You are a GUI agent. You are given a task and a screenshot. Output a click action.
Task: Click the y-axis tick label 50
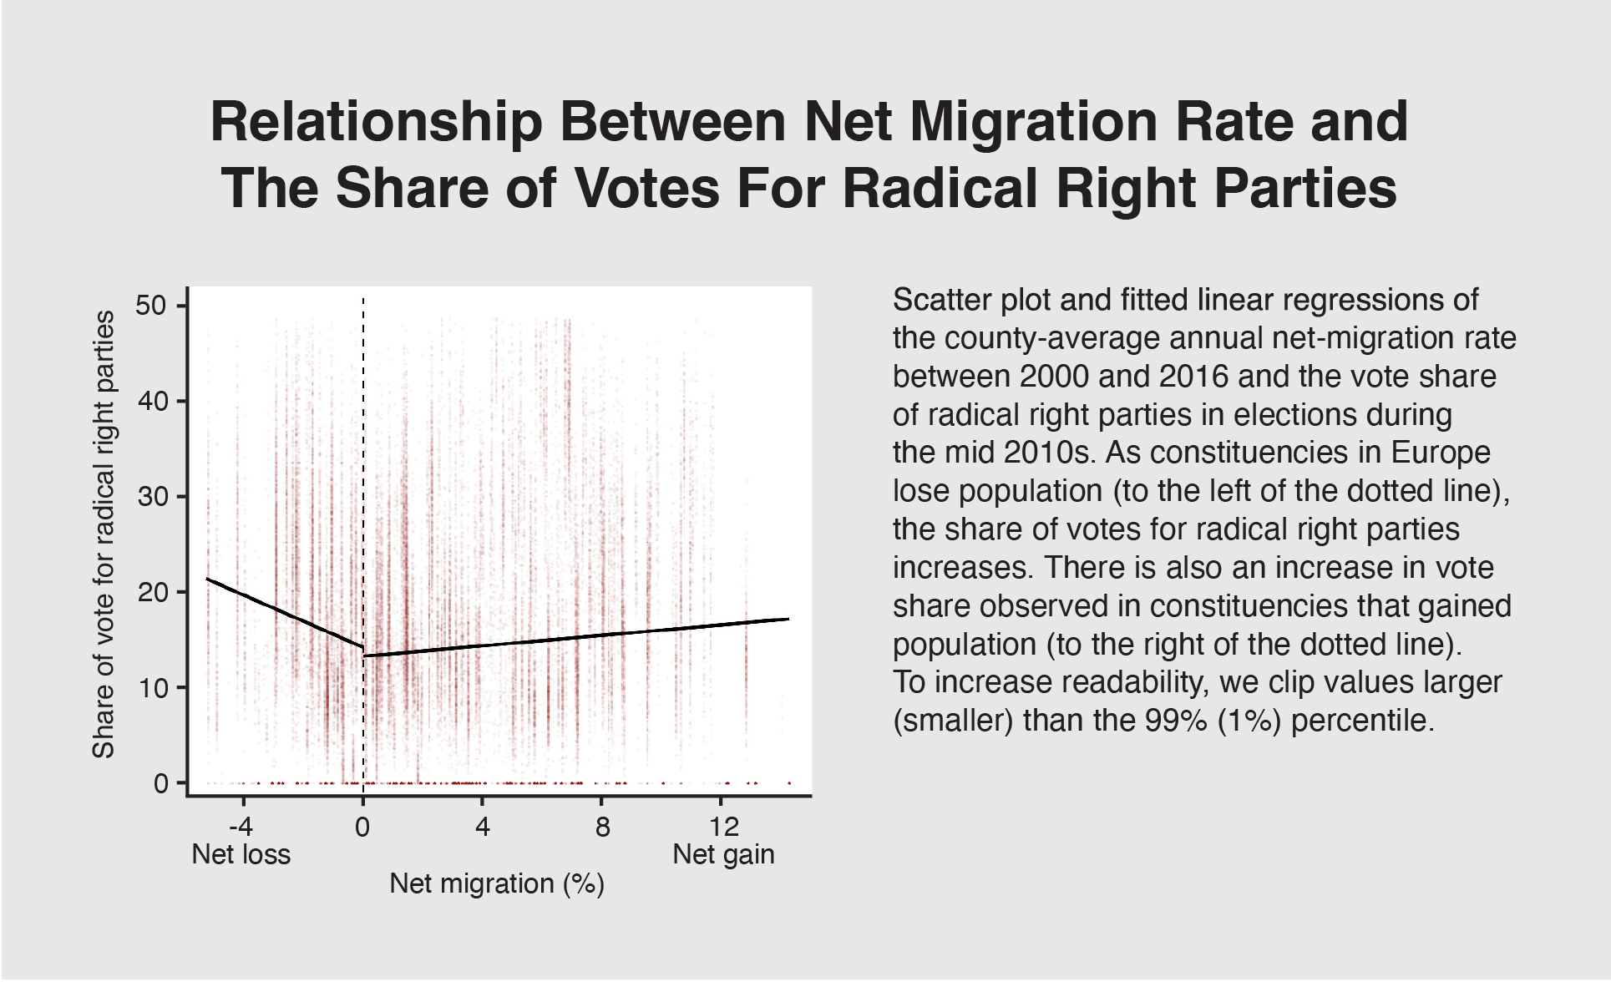point(151,306)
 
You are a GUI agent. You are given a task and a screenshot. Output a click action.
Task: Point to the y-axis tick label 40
point(151,402)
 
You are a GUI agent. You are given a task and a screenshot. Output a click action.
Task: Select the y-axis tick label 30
point(151,497)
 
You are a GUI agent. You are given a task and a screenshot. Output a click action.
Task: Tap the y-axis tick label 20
point(151,593)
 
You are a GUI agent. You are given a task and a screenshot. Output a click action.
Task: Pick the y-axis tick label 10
point(151,688)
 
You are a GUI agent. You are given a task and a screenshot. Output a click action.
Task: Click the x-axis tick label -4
point(241,827)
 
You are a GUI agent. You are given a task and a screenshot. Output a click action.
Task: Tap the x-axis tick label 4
point(482,827)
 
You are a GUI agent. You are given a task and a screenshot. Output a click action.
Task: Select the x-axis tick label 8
point(602,827)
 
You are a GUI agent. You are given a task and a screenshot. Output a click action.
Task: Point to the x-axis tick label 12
point(723,827)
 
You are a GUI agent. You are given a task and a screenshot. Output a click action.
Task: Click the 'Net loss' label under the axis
point(241,854)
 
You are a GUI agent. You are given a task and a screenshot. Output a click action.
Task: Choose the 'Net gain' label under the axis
point(723,854)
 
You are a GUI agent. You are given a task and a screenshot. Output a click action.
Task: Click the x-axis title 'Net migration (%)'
point(496,883)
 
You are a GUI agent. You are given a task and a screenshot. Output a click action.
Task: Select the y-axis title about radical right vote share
point(104,534)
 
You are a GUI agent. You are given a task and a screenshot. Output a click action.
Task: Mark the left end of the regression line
point(207,579)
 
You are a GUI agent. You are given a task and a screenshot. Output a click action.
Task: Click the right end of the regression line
point(788,619)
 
